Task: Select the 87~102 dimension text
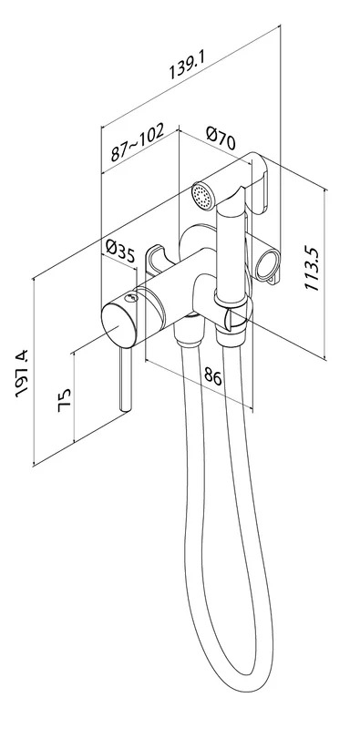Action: tap(138, 141)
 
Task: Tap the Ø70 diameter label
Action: tap(221, 139)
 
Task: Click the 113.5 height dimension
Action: tap(312, 269)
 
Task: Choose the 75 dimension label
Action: tap(64, 400)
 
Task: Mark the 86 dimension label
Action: tap(212, 375)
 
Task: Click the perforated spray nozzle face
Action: tap(202, 196)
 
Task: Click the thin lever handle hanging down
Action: tap(126, 379)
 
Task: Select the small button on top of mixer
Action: tap(132, 298)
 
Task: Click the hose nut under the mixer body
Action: tap(188, 333)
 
